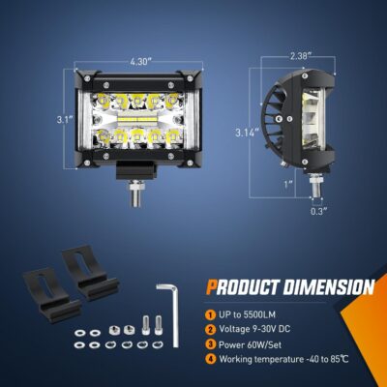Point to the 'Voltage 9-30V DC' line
[x=262, y=331]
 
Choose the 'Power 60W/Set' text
[x=256, y=346]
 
